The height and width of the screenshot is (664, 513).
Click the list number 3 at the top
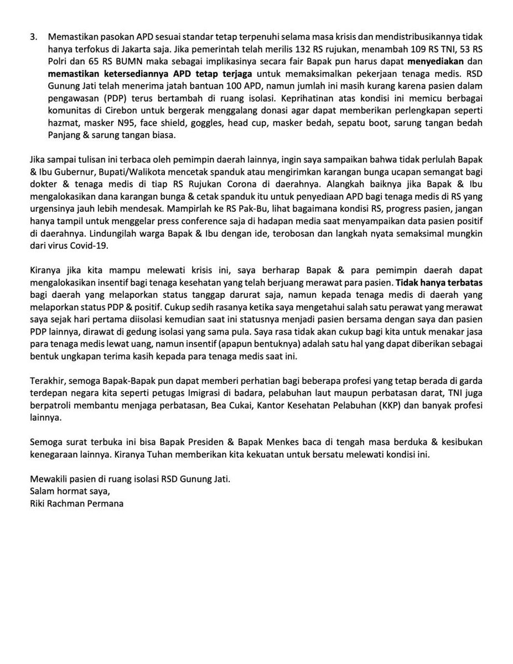pos(33,36)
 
